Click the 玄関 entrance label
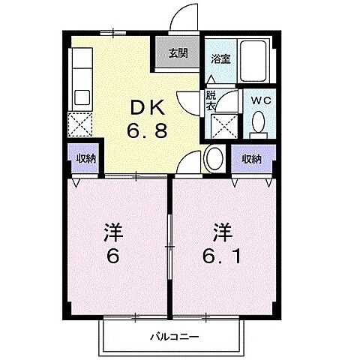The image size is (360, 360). (x=178, y=53)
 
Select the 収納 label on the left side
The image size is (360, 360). (x=86, y=158)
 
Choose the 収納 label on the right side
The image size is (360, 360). (x=251, y=158)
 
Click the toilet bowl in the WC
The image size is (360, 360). (x=258, y=121)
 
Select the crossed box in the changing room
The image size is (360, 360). (x=223, y=124)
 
